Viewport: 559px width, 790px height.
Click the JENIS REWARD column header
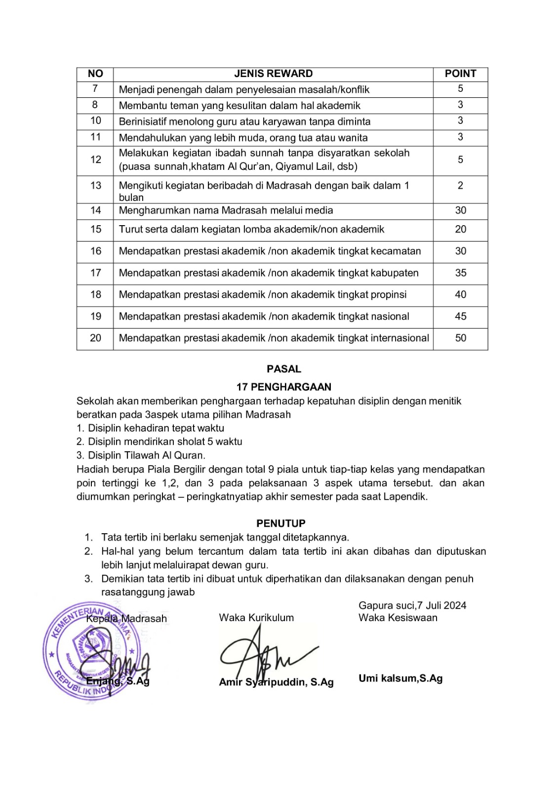tap(273, 74)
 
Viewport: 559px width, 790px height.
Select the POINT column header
tap(460, 74)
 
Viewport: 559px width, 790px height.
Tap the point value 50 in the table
tap(460, 338)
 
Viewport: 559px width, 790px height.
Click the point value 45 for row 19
tap(460, 316)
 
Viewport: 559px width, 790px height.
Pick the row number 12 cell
tap(95, 160)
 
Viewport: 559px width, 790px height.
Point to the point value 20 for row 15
tap(460, 230)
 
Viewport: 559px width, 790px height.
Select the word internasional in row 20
tap(397, 338)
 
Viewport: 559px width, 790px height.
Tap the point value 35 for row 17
tap(460, 273)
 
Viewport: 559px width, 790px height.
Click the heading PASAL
tap(284, 369)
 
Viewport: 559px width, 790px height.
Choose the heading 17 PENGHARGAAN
tap(284, 387)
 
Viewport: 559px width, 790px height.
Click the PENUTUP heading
tap(281, 523)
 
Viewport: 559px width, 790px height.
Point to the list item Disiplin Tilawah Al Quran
tap(146, 456)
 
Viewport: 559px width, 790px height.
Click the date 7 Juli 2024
tap(441, 605)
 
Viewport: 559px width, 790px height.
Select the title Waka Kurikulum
tap(256, 618)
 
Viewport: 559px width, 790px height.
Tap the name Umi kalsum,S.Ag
tap(400, 678)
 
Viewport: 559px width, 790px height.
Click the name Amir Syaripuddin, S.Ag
tap(276, 682)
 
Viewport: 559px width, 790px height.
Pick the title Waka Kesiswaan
tap(398, 618)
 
